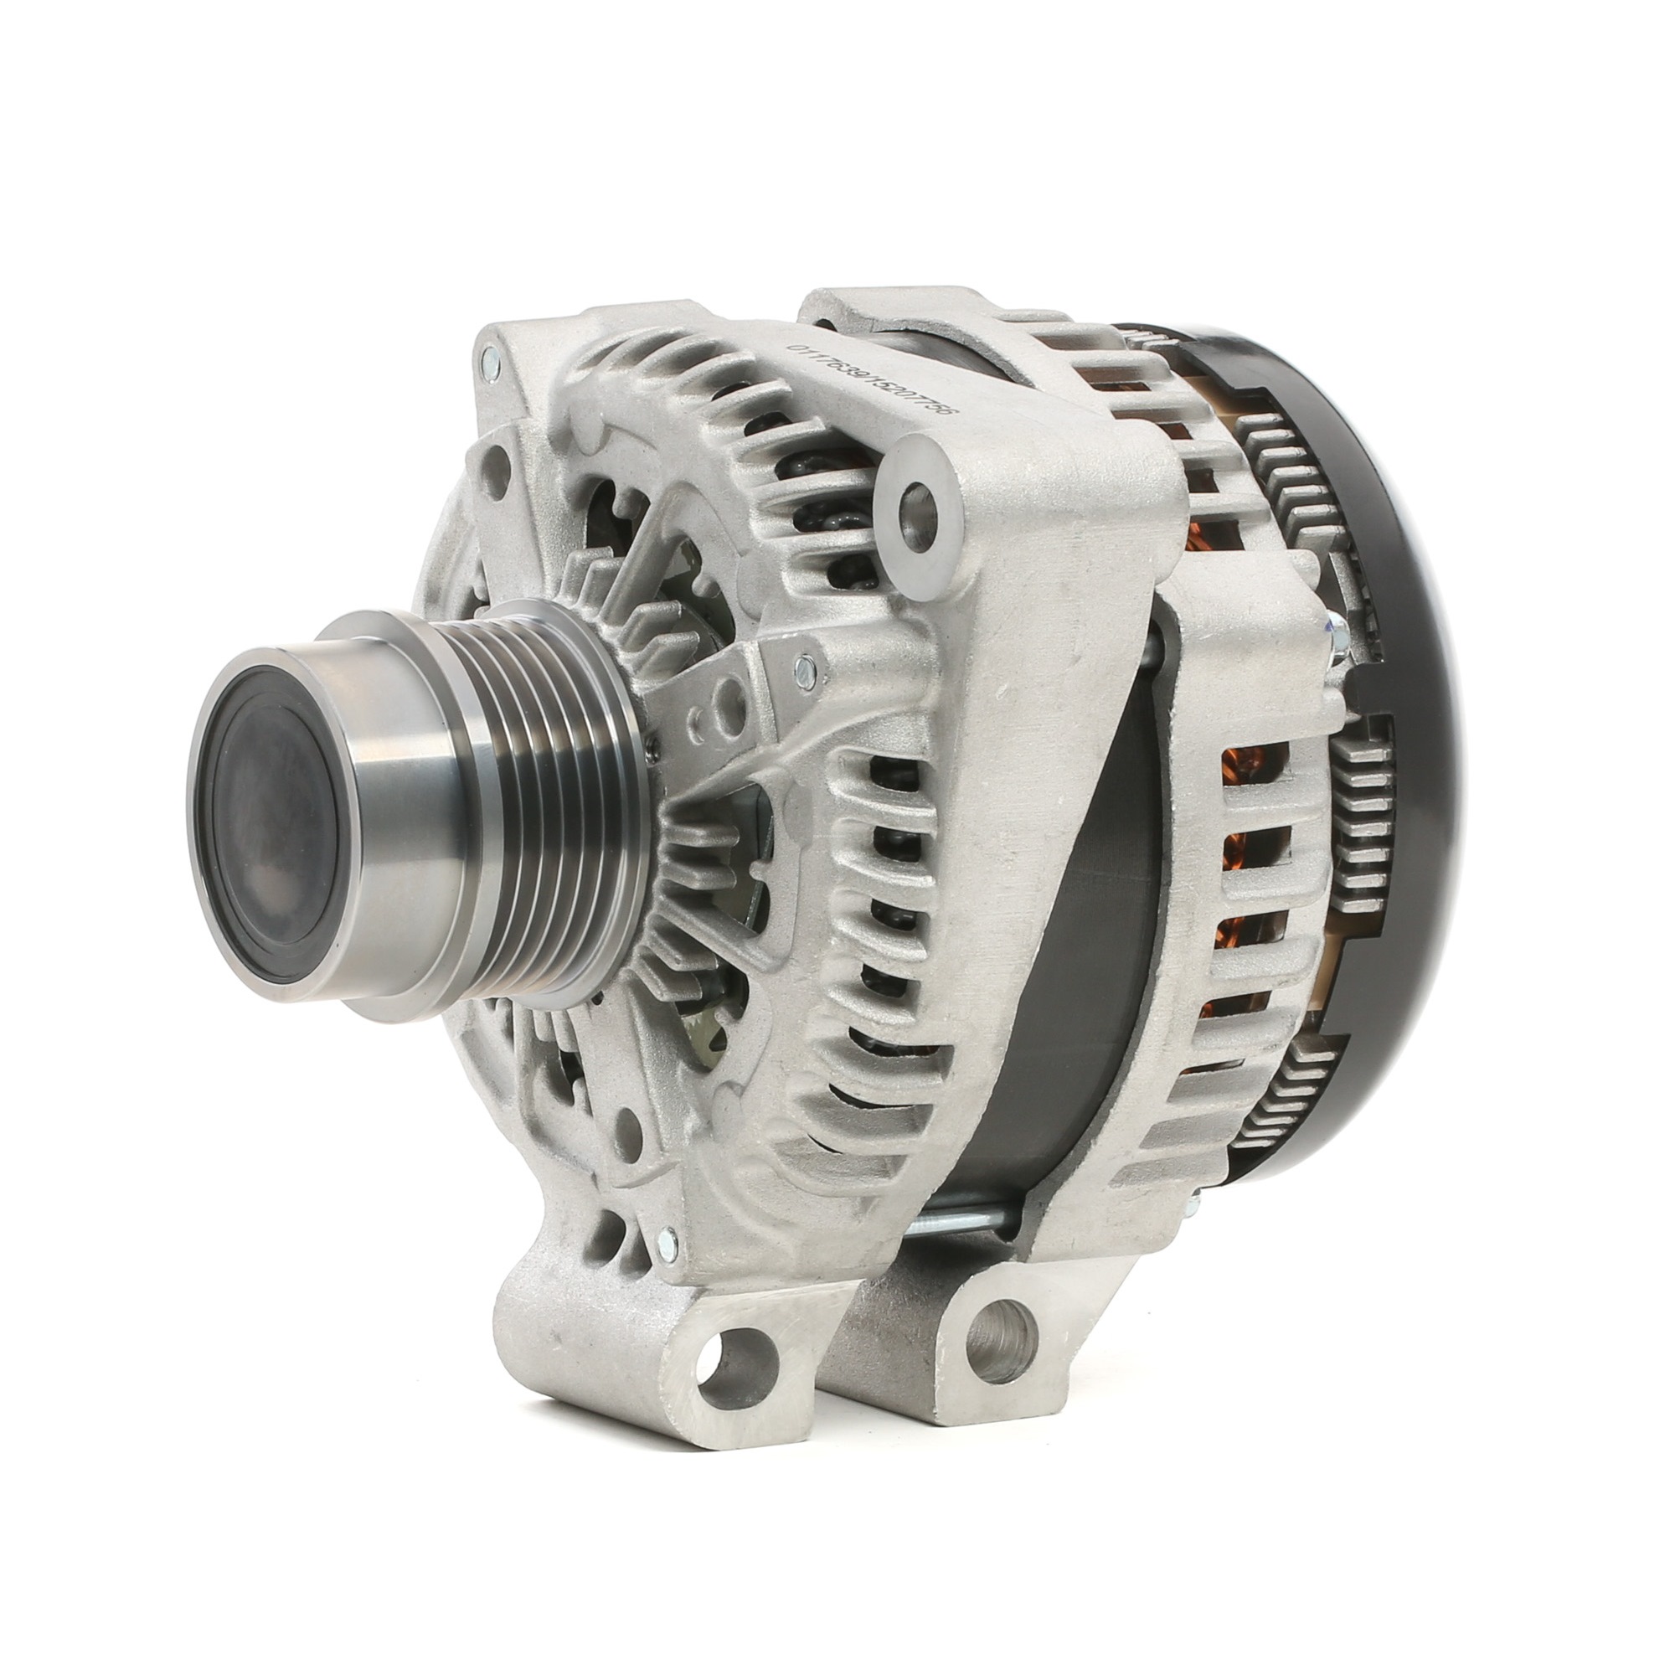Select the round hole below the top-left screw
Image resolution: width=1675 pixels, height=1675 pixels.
click(x=499, y=457)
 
